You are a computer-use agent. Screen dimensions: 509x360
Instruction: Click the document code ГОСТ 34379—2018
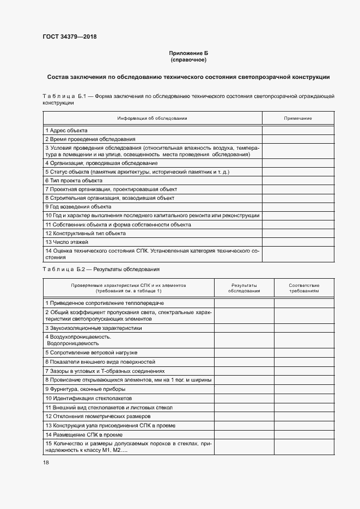[69, 37]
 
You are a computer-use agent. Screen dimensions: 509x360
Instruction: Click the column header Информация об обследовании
[152, 118]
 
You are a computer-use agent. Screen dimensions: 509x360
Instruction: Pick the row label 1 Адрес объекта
[66, 131]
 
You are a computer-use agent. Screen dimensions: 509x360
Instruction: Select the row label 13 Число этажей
[66, 241]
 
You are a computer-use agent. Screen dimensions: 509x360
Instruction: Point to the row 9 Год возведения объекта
[78, 207]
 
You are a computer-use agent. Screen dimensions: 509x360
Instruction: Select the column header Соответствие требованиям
[304, 288]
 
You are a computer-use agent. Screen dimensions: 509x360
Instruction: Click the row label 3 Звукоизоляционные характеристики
[94, 328]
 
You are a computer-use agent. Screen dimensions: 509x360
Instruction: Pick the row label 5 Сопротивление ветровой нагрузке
[91, 352]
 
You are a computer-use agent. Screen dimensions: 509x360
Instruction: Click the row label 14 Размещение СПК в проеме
[84, 434]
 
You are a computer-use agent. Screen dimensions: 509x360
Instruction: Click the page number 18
[46, 462]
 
